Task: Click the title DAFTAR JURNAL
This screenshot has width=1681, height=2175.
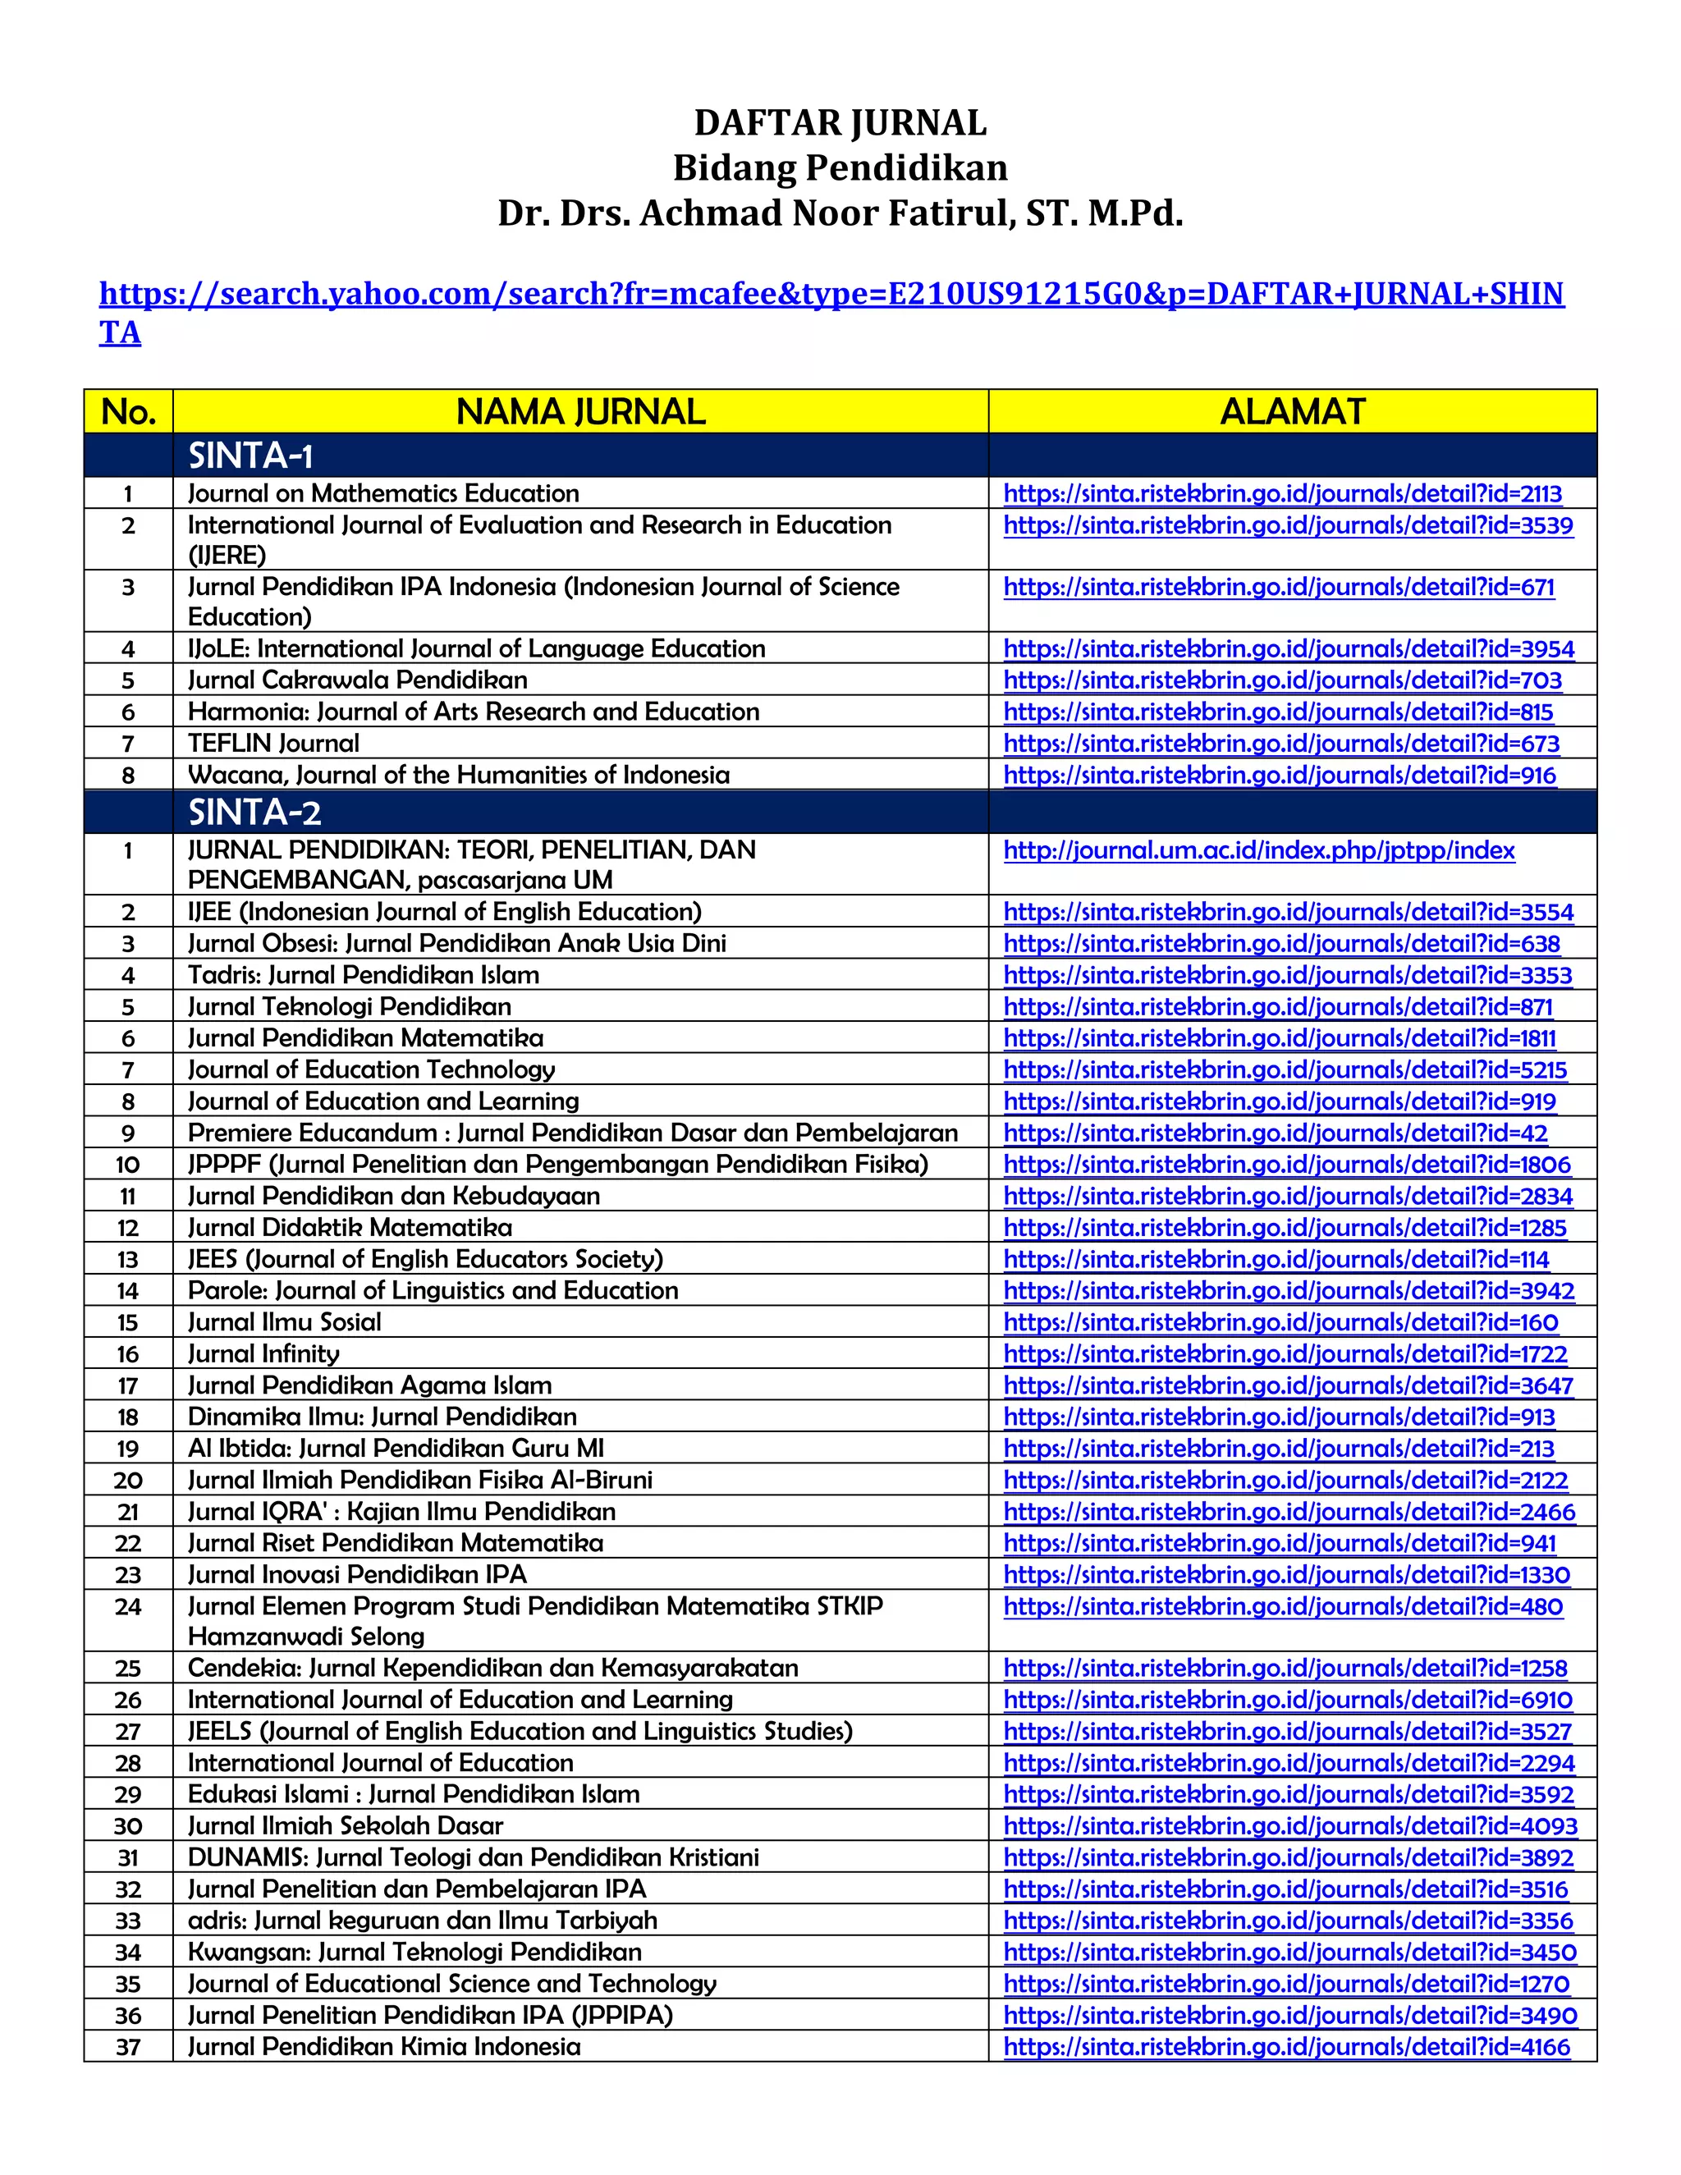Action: pyautogui.click(x=840, y=122)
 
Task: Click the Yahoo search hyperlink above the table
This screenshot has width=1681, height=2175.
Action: pyautogui.click(x=831, y=294)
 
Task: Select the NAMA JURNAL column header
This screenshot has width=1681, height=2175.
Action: pyautogui.click(x=580, y=411)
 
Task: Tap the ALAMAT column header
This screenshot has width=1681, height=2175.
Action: pyautogui.click(x=1292, y=411)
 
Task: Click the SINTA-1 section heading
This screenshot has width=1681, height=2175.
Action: pyautogui.click(x=251, y=456)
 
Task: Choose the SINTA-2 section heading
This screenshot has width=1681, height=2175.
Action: pyautogui.click(x=255, y=813)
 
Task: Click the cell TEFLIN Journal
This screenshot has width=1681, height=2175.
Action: pyautogui.click(x=274, y=743)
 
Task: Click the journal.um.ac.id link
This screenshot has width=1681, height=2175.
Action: pyautogui.click(x=1259, y=850)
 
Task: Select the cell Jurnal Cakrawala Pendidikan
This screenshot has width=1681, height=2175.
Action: pyautogui.click(x=358, y=680)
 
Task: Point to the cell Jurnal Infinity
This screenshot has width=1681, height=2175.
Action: pyautogui.click(x=264, y=1353)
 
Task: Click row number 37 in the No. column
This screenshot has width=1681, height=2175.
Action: pyautogui.click(x=129, y=2048)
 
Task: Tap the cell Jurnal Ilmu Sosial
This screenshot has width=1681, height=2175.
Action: pyautogui.click(x=285, y=1321)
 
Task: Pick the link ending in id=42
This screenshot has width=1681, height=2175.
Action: pyautogui.click(x=1275, y=1133)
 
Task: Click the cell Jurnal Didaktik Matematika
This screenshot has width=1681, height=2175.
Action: pyautogui.click(x=350, y=1227)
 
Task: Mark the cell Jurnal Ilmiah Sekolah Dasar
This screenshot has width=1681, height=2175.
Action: pyautogui.click(x=346, y=1825)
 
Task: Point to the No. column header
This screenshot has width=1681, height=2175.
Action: pyautogui.click(x=129, y=411)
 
